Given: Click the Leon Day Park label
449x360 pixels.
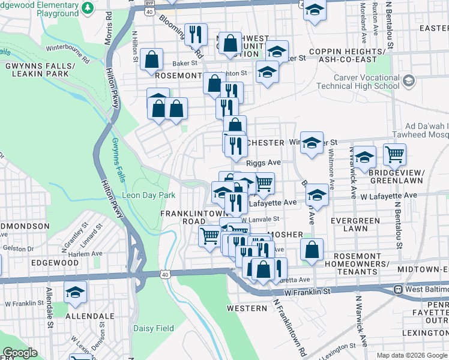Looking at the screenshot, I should click(148, 195).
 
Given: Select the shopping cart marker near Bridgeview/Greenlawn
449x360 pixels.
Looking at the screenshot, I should click(394, 155).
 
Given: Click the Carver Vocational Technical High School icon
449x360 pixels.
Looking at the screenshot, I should click(408, 80).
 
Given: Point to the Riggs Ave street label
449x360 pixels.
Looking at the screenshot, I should click(264, 163).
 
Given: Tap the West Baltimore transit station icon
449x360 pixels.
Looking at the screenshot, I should click(397, 289).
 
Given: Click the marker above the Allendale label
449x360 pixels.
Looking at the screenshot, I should click(75, 292).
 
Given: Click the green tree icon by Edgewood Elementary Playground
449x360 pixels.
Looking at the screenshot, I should click(88, 7).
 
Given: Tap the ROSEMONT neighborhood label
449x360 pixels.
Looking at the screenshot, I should click(178, 76).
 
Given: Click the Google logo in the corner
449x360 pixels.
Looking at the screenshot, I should click(19, 353).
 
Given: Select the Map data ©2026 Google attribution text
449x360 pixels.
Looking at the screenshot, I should click(412, 355).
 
